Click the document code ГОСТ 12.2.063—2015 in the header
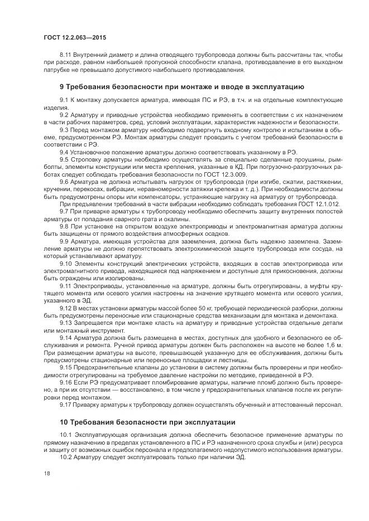[74, 37]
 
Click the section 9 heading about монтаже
[181, 87]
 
